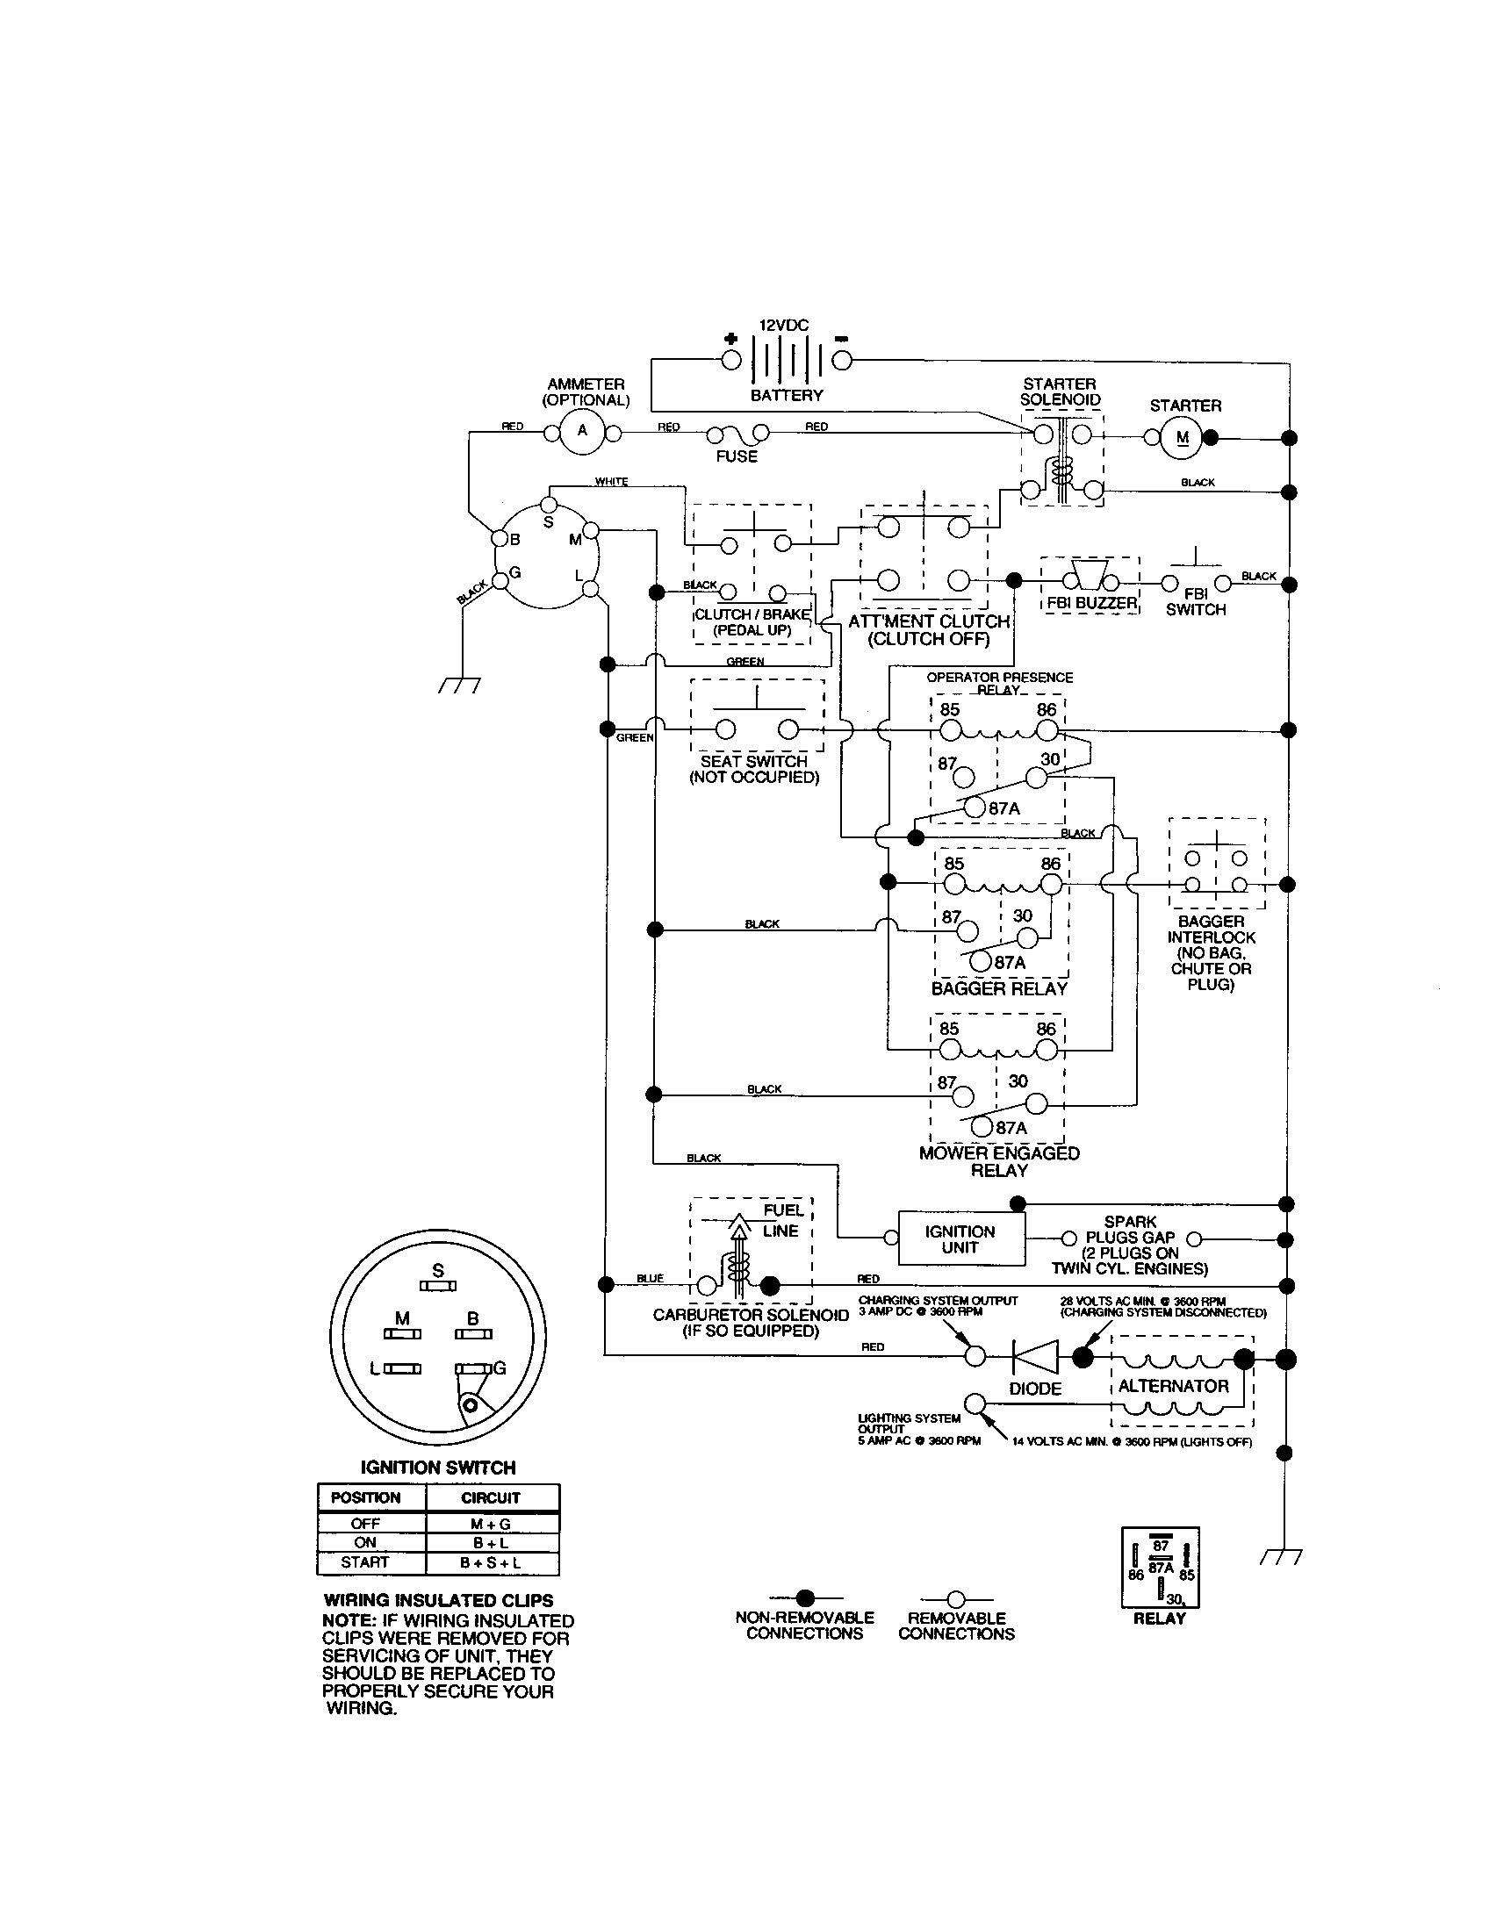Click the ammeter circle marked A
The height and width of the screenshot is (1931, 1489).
point(582,432)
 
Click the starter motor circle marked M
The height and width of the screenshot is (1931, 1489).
point(1183,438)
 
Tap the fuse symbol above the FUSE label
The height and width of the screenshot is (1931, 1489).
point(737,434)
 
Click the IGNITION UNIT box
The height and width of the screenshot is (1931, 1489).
point(961,1238)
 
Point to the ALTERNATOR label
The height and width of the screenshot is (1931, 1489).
point(1173,1385)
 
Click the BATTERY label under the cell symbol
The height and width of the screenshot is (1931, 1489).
point(786,395)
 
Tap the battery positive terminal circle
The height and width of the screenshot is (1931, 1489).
point(731,360)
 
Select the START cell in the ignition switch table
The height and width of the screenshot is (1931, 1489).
point(364,1562)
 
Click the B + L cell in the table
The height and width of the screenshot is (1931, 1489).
point(491,1542)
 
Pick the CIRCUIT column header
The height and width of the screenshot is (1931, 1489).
point(491,1497)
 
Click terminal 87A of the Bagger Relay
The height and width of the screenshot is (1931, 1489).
point(982,961)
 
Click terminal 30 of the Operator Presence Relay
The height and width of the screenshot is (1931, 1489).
point(1036,778)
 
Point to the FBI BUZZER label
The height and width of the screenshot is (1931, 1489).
point(1092,603)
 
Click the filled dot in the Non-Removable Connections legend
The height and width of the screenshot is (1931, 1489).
point(804,1597)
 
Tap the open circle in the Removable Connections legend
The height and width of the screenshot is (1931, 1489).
point(956,1598)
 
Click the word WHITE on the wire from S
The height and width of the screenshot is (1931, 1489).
point(611,482)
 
